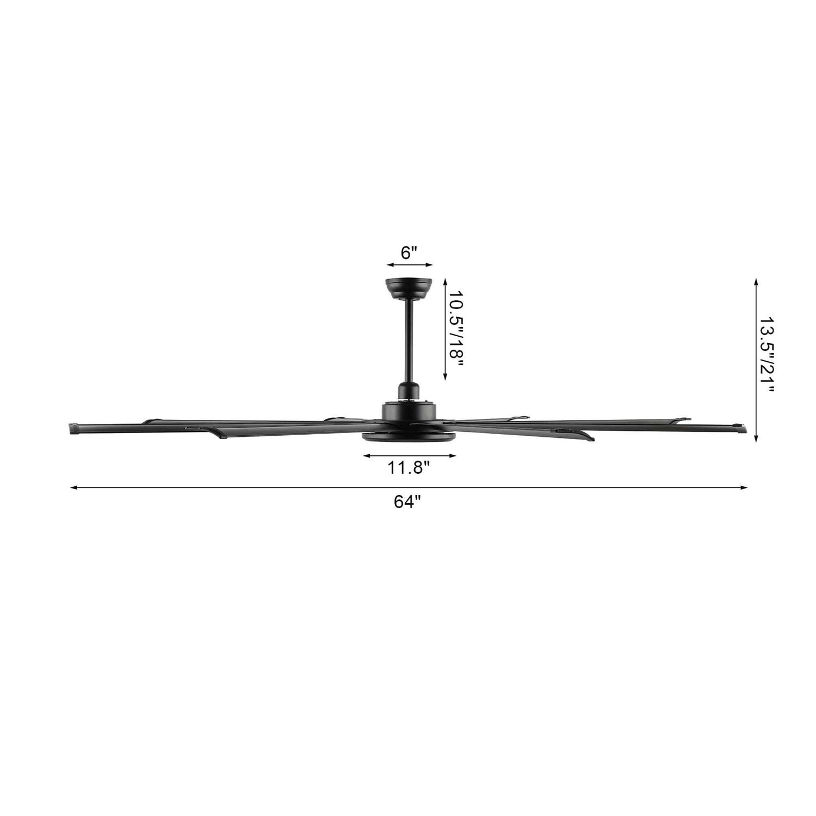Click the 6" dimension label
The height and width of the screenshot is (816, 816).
coord(409,253)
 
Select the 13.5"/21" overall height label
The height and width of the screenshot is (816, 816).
coord(766,355)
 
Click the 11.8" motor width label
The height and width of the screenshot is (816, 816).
coord(409,467)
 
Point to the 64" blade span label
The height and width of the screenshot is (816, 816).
coord(408,502)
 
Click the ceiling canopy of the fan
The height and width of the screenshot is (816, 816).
coord(409,287)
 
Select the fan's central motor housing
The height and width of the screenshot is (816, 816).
coord(409,411)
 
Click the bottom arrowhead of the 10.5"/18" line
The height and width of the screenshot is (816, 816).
coord(445,378)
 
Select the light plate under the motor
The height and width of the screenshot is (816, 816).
coord(409,437)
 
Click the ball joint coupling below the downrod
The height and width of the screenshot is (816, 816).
coord(409,390)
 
